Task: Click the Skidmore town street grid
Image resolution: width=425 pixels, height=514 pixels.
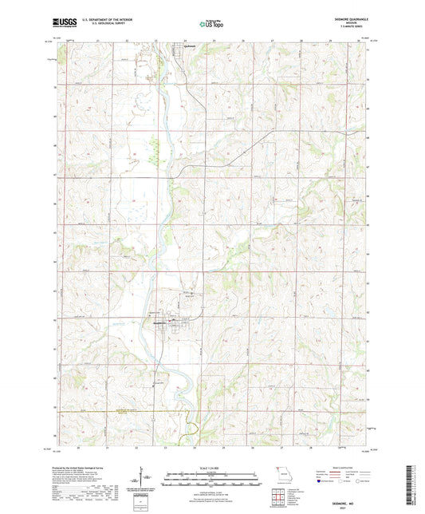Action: coord(168,324)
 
